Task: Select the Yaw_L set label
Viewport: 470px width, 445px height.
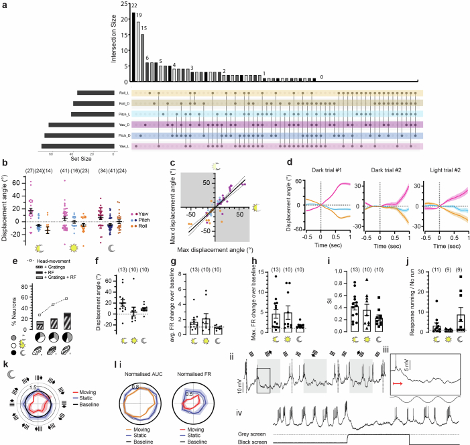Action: click(x=123, y=145)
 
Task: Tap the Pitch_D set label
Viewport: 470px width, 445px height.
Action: click(x=123, y=135)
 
